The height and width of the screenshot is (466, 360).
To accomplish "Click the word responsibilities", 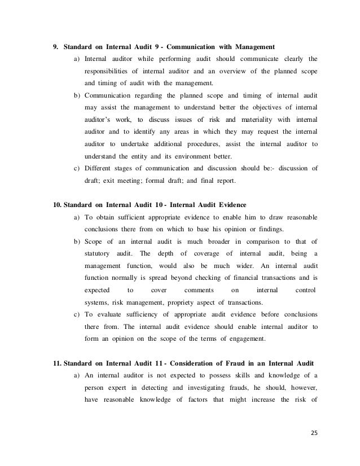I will (x=109, y=72).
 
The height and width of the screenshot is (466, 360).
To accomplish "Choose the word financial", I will (x=242, y=278).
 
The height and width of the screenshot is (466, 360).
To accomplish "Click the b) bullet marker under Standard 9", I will (x=76, y=95).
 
